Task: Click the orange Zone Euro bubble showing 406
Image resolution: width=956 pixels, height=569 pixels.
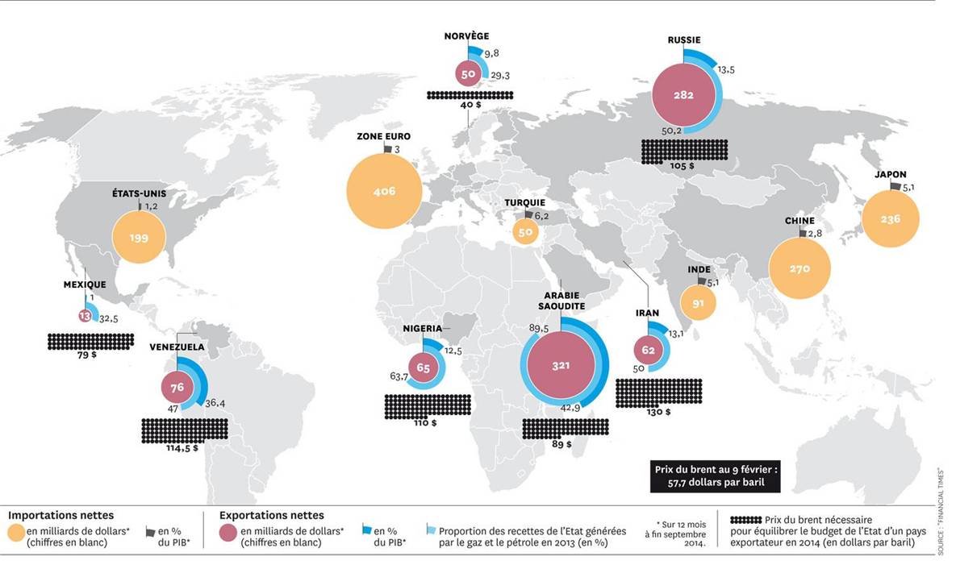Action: point(383,191)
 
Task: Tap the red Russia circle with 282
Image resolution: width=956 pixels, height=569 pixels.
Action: point(683,95)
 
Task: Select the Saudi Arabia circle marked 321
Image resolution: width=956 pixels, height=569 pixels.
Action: point(561,365)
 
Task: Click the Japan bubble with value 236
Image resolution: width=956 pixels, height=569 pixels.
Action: point(890,218)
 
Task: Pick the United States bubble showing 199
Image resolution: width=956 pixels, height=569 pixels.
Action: point(139,238)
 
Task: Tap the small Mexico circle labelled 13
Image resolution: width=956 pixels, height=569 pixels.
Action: point(85,315)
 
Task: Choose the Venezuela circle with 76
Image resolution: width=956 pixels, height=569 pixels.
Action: point(177,388)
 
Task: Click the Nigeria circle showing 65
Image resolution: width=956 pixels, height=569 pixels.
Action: point(424,368)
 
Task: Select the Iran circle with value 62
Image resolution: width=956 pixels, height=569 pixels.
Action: point(648,350)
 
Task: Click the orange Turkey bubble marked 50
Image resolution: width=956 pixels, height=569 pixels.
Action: point(526,232)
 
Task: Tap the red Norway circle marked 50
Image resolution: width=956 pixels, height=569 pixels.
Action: point(468,74)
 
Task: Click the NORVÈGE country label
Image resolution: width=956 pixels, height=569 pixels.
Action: point(466,36)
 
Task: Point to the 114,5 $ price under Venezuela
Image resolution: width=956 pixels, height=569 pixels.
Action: point(184,448)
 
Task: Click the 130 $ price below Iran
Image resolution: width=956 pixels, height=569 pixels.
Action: point(658,412)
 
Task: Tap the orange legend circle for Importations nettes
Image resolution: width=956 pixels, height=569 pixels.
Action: point(16,534)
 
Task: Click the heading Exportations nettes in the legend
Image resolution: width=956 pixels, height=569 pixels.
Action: point(272,515)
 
